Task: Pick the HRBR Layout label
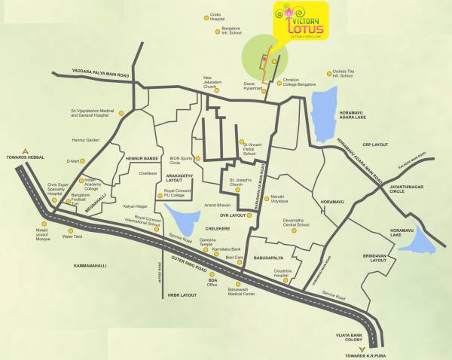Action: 182,295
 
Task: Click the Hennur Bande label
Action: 141,159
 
